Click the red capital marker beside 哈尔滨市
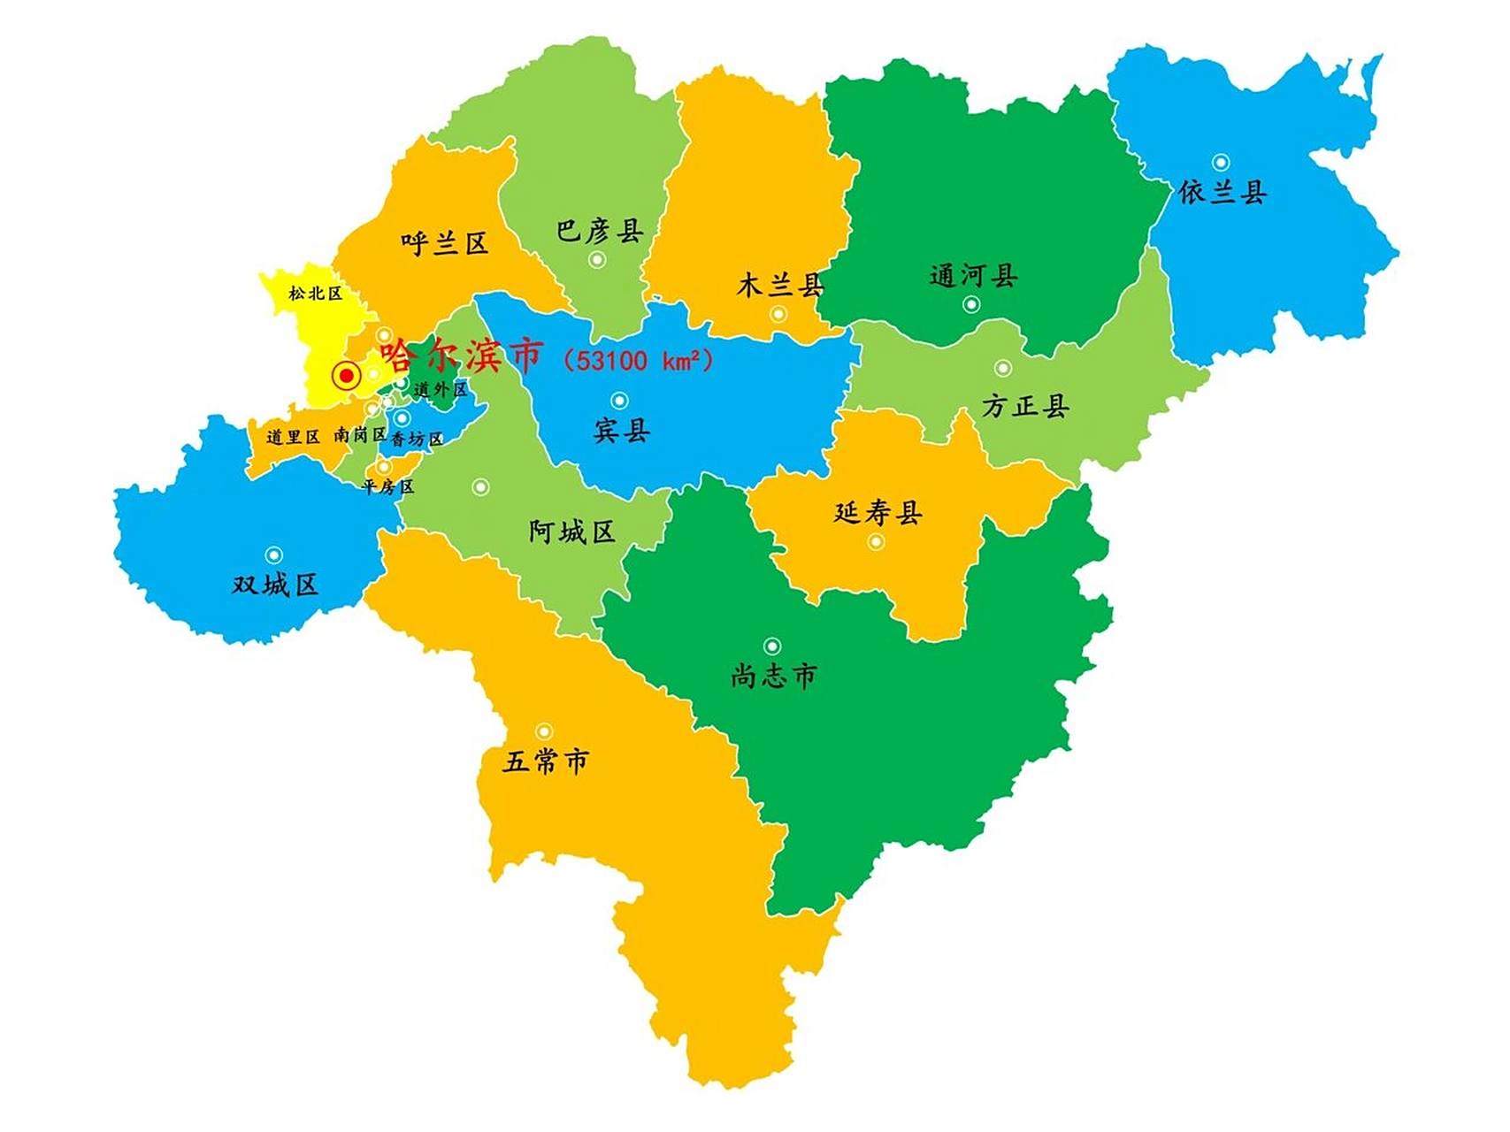(347, 377)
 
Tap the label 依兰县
(1223, 192)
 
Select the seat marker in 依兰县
(1221, 163)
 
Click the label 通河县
(973, 276)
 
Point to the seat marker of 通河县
(971, 305)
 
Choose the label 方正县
(1025, 406)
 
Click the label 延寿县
(878, 512)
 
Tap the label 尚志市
(773, 676)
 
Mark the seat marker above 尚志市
(772, 646)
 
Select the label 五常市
(545, 761)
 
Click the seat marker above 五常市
(544, 732)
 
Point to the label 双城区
(274, 585)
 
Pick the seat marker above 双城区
(274, 555)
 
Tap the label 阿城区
(571, 532)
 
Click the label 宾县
(621, 431)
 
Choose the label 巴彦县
(599, 231)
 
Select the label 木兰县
(780, 285)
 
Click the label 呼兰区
(444, 243)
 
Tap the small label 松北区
(315, 293)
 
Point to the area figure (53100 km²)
(638, 360)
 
